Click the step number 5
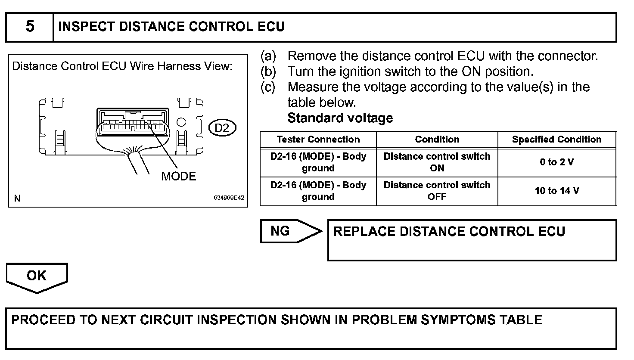(x=30, y=27)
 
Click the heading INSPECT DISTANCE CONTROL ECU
(x=171, y=27)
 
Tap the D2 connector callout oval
(x=222, y=127)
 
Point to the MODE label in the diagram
(x=178, y=176)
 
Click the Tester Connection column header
(x=318, y=140)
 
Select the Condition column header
(x=437, y=140)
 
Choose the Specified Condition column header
(x=556, y=140)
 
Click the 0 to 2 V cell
(x=556, y=162)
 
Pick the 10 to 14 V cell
(x=556, y=191)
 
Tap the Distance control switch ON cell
(x=437, y=162)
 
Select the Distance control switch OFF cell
(x=437, y=191)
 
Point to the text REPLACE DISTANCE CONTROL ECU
(x=449, y=232)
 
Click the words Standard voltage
(x=340, y=118)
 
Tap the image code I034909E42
(x=228, y=198)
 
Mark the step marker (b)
(x=268, y=71)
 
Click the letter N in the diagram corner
(x=17, y=199)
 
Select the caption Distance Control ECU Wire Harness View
(x=122, y=66)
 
